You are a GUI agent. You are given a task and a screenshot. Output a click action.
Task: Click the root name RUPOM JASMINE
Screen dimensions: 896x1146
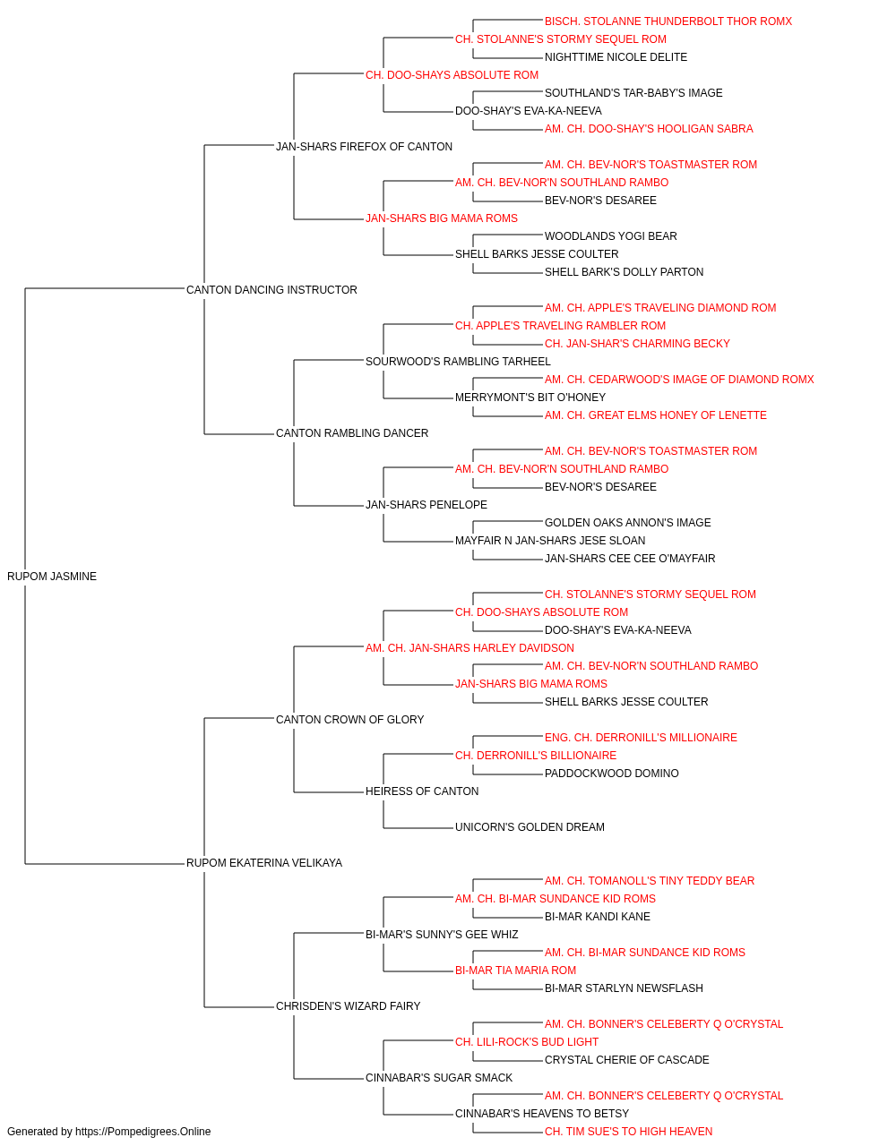[52, 577]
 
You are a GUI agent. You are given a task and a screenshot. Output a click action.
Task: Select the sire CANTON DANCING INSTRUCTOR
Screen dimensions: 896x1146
[271, 289]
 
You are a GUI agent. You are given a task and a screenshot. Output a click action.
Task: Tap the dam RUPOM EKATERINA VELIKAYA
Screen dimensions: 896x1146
[264, 863]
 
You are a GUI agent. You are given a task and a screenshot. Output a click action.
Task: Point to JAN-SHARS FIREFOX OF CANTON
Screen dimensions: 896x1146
[364, 147]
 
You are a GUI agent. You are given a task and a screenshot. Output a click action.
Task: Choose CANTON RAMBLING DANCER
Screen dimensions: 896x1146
[352, 433]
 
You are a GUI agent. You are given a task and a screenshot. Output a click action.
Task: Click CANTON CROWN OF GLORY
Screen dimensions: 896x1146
[349, 719]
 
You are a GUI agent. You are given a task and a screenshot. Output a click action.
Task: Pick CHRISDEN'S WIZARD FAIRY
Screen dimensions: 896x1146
[349, 1005]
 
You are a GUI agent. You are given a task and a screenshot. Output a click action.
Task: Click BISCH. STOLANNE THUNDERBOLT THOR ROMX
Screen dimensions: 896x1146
[668, 21]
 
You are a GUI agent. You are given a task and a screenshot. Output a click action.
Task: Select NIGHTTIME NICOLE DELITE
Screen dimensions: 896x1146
[616, 57]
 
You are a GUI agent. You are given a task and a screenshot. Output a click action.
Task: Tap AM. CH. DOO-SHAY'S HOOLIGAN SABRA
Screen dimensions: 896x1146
[649, 129]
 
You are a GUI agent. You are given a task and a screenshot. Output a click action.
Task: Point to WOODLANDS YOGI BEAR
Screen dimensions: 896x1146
[610, 235]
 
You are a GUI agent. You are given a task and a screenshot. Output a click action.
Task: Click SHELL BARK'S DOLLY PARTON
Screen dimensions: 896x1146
[624, 271]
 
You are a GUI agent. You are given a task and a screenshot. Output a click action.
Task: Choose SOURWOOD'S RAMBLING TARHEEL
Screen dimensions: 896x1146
[458, 361]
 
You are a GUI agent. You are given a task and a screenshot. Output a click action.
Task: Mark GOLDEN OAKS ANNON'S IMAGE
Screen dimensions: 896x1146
[627, 522]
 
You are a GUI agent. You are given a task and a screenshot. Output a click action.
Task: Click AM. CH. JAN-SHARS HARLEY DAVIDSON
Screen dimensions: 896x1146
[470, 647]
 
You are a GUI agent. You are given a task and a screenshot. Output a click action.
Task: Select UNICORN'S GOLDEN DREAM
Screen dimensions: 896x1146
[530, 827]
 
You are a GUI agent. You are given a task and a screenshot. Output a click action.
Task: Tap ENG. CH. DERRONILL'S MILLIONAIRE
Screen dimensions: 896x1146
[641, 737]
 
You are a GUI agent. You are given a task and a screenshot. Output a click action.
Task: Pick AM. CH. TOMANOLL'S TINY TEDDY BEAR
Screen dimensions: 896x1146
[649, 881]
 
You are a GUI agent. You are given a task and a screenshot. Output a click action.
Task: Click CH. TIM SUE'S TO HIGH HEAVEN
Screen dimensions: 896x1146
[628, 1132]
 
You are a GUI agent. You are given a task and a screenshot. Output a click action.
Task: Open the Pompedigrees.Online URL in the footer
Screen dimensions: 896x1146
[142, 1132]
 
